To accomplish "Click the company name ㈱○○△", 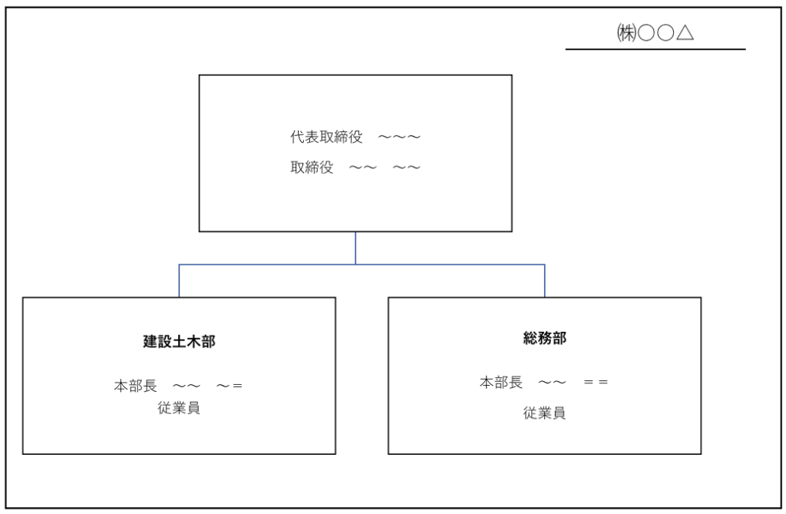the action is click(x=656, y=33).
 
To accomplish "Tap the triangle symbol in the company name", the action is click(x=685, y=33).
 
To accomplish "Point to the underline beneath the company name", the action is click(x=656, y=49).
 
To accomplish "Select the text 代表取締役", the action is click(x=326, y=137).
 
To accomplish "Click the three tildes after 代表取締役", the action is click(x=399, y=137).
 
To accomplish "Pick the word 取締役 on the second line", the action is click(x=312, y=167).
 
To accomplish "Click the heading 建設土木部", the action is click(x=179, y=341).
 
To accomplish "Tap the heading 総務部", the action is click(x=545, y=338).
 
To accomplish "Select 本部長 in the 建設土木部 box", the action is click(x=135, y=386).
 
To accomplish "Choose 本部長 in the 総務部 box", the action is click(x=501, y=382).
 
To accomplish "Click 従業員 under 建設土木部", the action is click(x=179, y=407).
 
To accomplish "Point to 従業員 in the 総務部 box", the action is click(x=545, y=413).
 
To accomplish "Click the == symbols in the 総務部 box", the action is click(x=596, y=383).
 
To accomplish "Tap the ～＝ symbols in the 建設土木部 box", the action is click(x=230, y=386).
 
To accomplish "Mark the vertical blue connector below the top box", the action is click(x=355, y=248).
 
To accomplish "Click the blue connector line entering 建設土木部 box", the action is click(x=179, y=280).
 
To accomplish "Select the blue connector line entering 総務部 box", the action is click(x=545, y=280).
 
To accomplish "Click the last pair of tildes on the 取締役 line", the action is click(x=407, y=167).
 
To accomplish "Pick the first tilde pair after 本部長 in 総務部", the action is click(x=552, y=383).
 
